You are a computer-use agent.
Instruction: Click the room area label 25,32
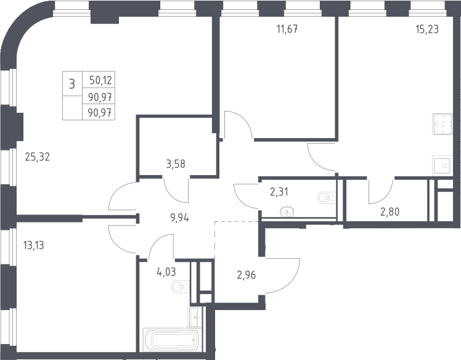tap(38, 157)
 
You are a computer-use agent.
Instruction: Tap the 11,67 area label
tap(287, 29)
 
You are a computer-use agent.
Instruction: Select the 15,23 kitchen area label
tap(427, 29)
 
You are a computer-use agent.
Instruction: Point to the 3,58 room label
tap(176, 164)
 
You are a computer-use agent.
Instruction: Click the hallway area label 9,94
tap(179, 218)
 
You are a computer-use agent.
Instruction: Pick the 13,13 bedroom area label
tap(33, 245)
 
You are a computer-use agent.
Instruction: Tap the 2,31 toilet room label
tap(279, 192)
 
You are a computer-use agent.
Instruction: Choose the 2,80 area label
tap(390, 211)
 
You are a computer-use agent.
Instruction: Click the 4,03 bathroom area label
tap(166, 272)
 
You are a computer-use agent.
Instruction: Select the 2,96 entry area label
tap(247, 275)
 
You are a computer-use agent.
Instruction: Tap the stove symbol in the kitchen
tap(442, 124)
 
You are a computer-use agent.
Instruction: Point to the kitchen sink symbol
tap(442, 166)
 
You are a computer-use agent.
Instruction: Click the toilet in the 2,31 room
tap(327, 198)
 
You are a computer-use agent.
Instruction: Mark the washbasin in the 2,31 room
tap(287, 211)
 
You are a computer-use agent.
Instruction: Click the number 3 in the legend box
tap(72, 84)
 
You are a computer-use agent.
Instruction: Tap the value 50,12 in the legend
tap(101, 80)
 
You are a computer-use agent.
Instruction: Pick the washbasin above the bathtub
tap(195, 317)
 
